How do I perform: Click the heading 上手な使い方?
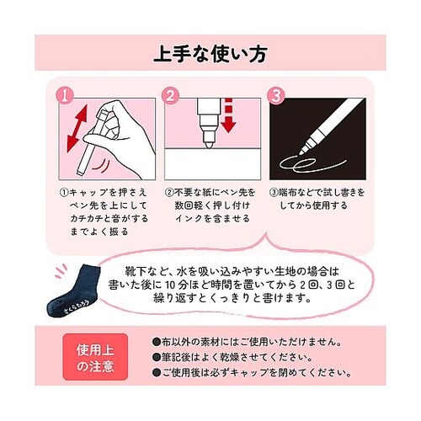click(x=210, y=54)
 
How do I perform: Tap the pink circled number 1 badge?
click(x=65, y=95)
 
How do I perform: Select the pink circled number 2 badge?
click(x=170, y=95)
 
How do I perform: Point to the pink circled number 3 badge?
click(x=275, y=95)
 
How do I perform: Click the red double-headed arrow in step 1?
click(x=77, y=128)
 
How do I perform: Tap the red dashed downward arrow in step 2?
click(x=229, y=115)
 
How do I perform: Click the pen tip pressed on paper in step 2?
click(x=208, y=141)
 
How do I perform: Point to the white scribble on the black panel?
click(x=312, y=164)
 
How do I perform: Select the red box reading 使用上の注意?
click(x=95, y=357)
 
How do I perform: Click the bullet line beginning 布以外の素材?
click(x=248, y=342)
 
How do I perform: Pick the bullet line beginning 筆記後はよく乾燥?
click(x=232, y=358)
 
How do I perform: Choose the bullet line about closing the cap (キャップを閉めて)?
click(x=252, y=373)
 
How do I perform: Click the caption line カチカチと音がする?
click(x=109, y=218)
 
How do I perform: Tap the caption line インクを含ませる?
click(x=212, y=218)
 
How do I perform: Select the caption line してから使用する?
click(x=313, y=205)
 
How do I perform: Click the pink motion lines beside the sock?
click(x=61, y=271)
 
